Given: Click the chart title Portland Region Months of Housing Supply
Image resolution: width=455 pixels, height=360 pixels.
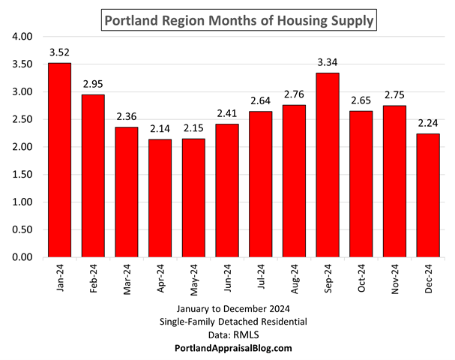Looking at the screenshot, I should pyautogui.click(x=238, y=20).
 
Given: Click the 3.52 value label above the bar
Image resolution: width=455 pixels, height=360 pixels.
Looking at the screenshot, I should pyautogui.click(x=60, y=52).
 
